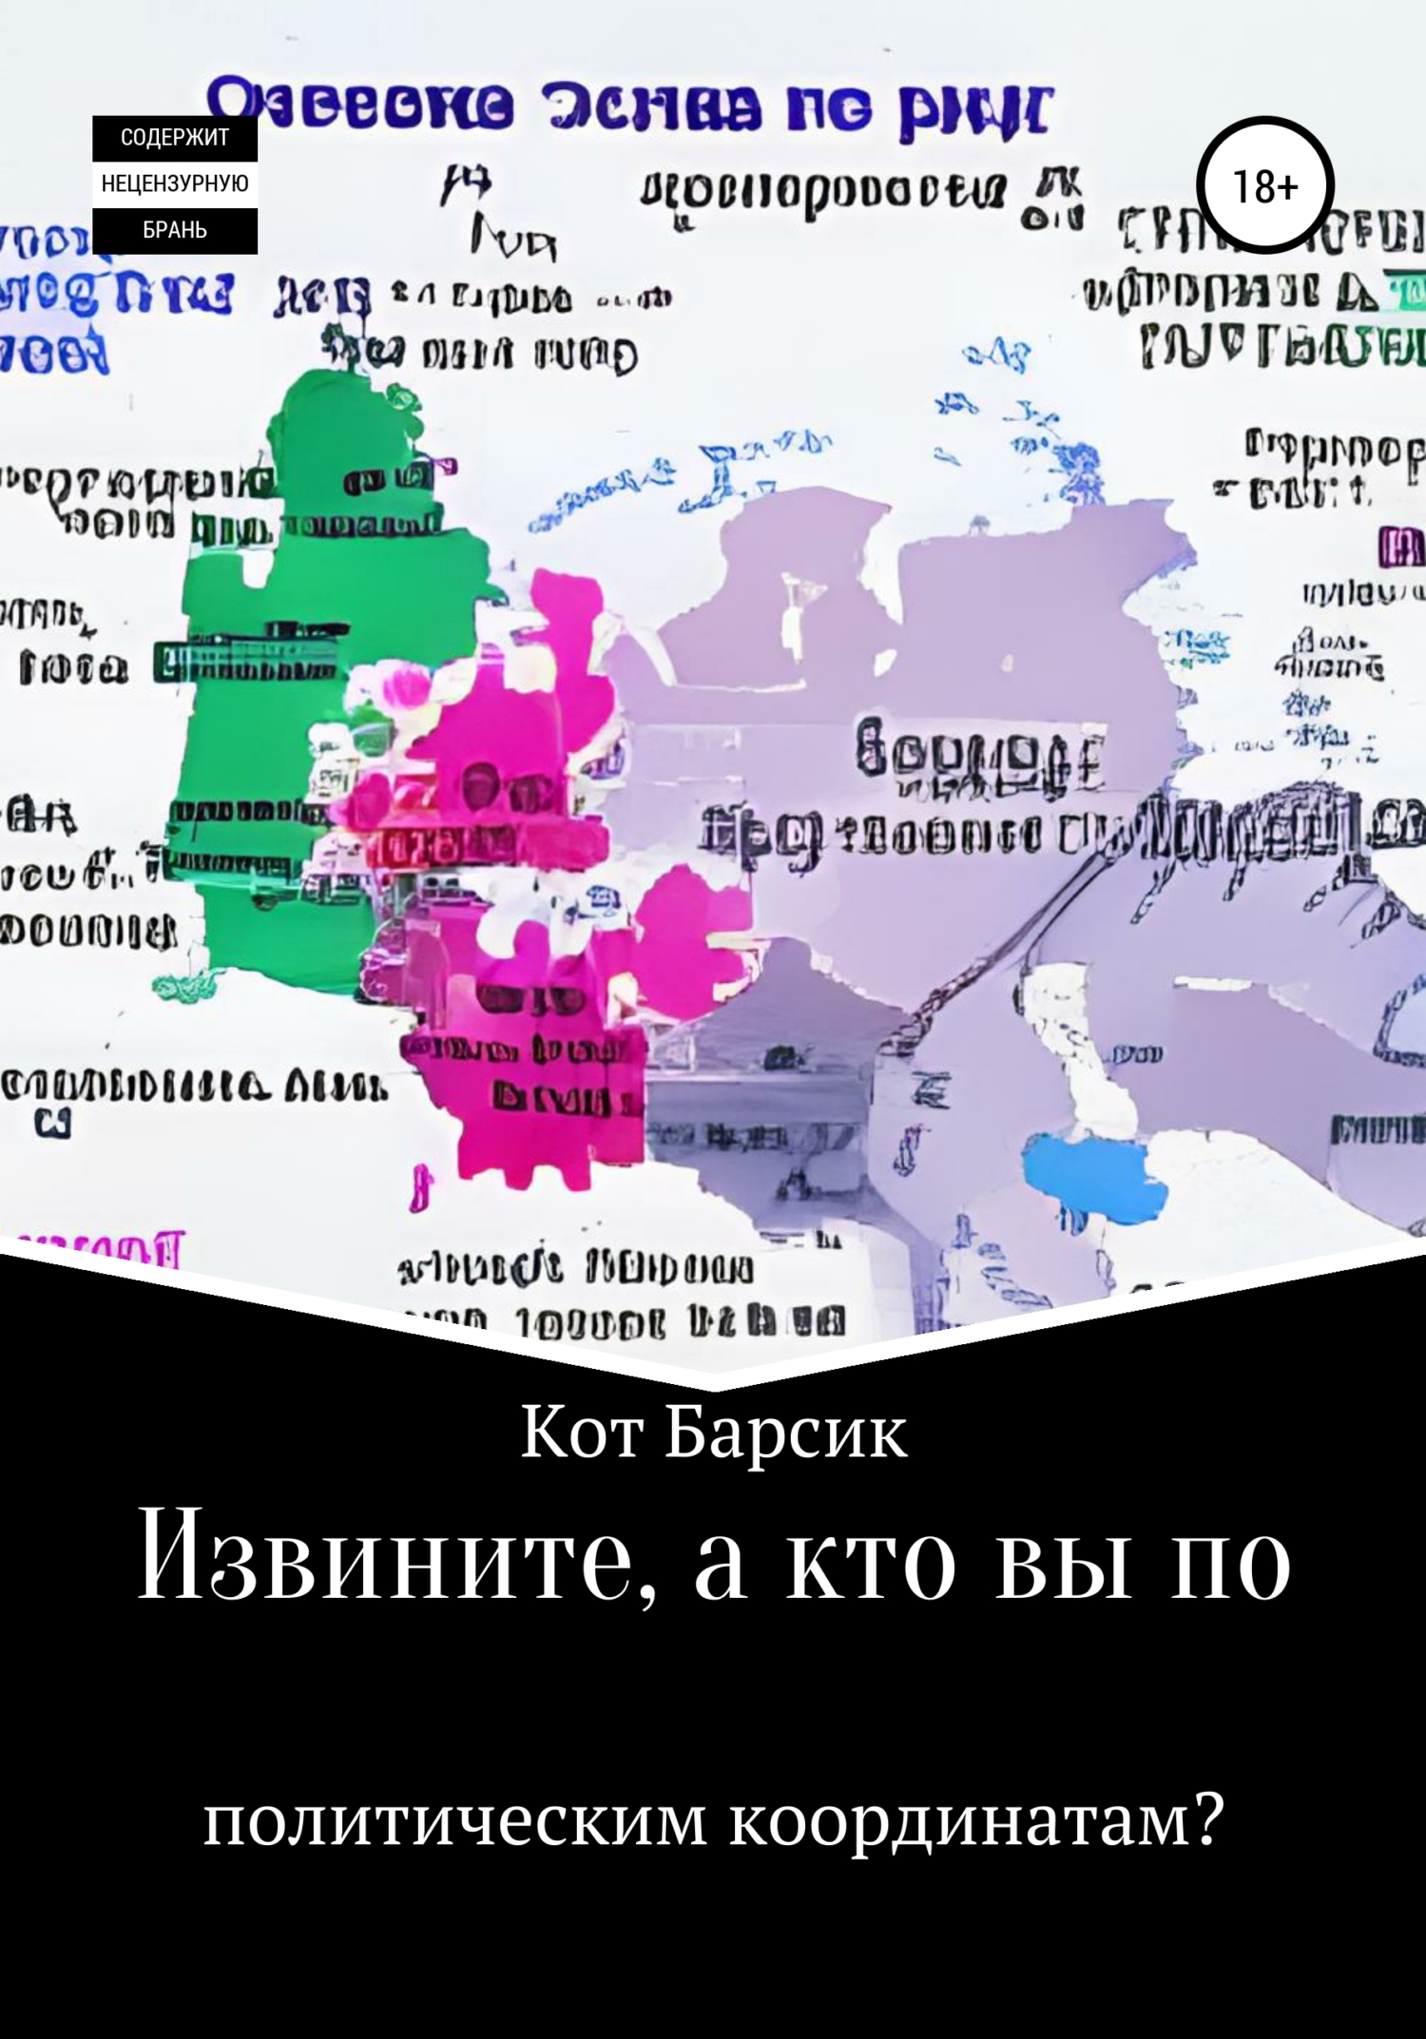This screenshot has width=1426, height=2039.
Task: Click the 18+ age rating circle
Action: [x=1265, y=186]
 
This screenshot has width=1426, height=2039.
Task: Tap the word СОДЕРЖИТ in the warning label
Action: [x=175, y=138]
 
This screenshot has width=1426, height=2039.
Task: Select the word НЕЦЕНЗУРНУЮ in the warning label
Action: [x=175, y=183]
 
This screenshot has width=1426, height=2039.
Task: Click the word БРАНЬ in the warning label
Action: [x=175, y=230]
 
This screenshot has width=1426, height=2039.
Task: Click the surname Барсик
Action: [x=786, y=1433]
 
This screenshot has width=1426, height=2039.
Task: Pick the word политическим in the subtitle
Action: [x=455, y=1822]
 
